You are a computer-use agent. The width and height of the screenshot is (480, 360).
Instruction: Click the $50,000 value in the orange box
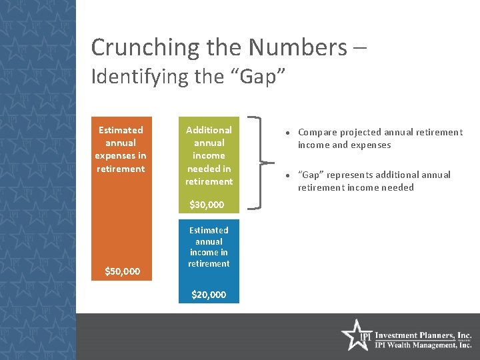tap(123, 271)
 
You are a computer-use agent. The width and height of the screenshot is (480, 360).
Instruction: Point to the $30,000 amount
tap(207, 205)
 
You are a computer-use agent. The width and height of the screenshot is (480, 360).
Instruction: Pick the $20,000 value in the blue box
tap(209, 295)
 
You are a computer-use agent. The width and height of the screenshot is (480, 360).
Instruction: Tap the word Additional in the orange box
tap(209, 130)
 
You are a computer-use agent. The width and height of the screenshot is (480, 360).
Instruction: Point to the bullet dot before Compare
tap(287, 133)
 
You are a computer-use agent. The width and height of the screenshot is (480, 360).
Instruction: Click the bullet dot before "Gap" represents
tap(287, 175)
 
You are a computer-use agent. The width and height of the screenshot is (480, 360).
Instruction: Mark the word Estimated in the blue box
tap(209, 231)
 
